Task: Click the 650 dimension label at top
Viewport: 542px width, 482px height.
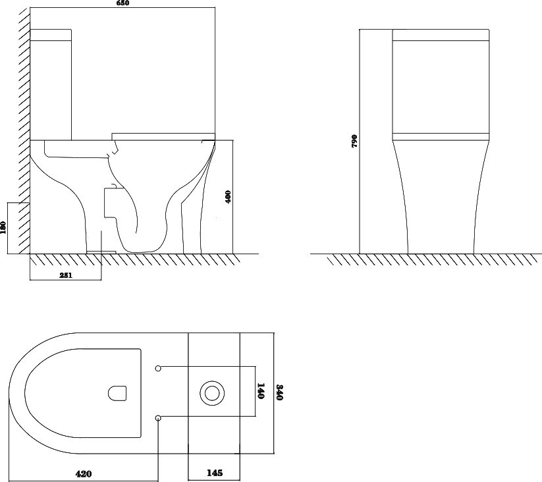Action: (x=122, y=3)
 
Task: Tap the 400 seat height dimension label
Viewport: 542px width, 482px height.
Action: (x=228, y=197)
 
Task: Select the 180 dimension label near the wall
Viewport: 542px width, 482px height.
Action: (x=3, y=228)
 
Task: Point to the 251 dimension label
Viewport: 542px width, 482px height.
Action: (x=66, y=275)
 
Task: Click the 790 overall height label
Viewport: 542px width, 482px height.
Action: (x=354, y=141)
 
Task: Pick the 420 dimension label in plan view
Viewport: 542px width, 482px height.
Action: (x=84, y=473)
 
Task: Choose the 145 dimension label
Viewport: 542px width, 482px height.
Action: (x=215, y=472)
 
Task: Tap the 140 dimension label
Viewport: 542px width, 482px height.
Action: (x=261, y=390)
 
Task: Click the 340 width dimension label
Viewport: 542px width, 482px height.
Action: (x=280, y=392)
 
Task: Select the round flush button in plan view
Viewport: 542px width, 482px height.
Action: (x=212, y=393)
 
